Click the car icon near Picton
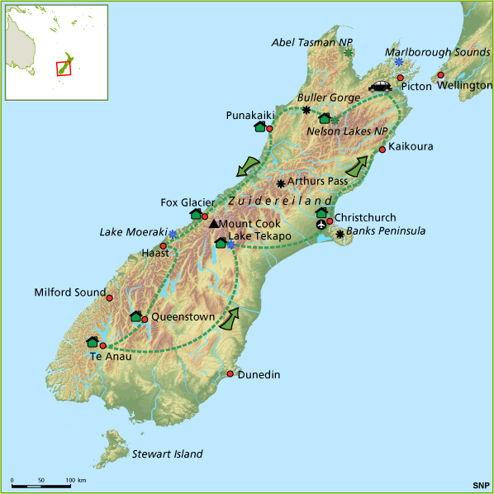(380, 86)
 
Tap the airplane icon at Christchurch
(321, 226)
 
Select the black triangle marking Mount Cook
(214, 223)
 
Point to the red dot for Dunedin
(230, 374)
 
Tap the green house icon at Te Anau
(93, 342)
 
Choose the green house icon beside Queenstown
(135, 316)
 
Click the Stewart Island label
(167, 454)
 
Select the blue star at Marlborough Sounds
(398, 63)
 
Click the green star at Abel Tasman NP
(349, 53)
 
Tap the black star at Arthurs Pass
(281, 183)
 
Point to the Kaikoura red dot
(382, 150)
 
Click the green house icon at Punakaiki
(259, 127)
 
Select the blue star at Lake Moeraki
(172, 235)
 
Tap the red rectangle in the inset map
(63, 67)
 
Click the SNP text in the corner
(480, 484)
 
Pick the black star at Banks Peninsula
(340, 235)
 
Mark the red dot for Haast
(164, 246)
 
